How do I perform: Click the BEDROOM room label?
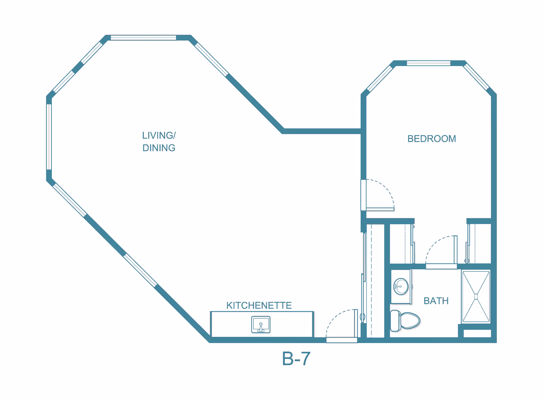pyautogui.click(x=432, y=139)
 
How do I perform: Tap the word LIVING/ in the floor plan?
pyautogui.click(x=159, y=135)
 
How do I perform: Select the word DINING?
pyautogui.click(x=159, y=148)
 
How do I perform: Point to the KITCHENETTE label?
pyautogui.click(x=259, y=305)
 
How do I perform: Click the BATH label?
pyautogui.click(x=436, y=301)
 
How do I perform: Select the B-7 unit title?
pyautogui.click(x=296, y=359)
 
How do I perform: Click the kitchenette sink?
pyautogui.click(x=260, y=324)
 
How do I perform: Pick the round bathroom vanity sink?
pyautogui.click(x=401, y=286)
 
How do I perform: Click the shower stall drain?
pyautogui.click(x=476, y=297)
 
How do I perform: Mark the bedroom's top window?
pyautogui.click(x=428, y=63)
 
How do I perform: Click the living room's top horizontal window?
pyautogui.click(x=143, y=38)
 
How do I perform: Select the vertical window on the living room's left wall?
pyautogui.click(x=49, y=137)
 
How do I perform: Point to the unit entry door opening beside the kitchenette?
pyautogui.click(x=342, y=340)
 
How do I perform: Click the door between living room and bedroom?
pyautogui.click(x=363, y=195)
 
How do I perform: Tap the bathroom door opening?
pyautogui.click(x=441, y=266)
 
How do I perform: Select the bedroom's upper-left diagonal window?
pyautogui.click(x=380, y=78)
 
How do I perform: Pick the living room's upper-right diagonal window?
pyautogui.click(x=211, y=59)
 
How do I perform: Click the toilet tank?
pyautogui.click(x=395, y=321)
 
